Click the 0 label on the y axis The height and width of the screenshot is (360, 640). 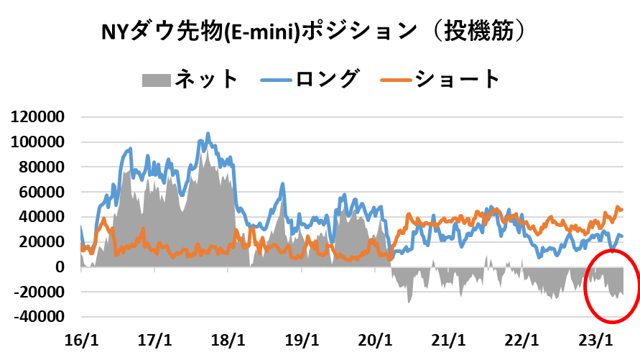[60, 267]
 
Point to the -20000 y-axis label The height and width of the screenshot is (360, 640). [41, 292]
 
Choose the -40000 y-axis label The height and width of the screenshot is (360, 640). [41, 317]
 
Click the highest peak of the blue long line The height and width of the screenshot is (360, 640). [208, 134]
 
